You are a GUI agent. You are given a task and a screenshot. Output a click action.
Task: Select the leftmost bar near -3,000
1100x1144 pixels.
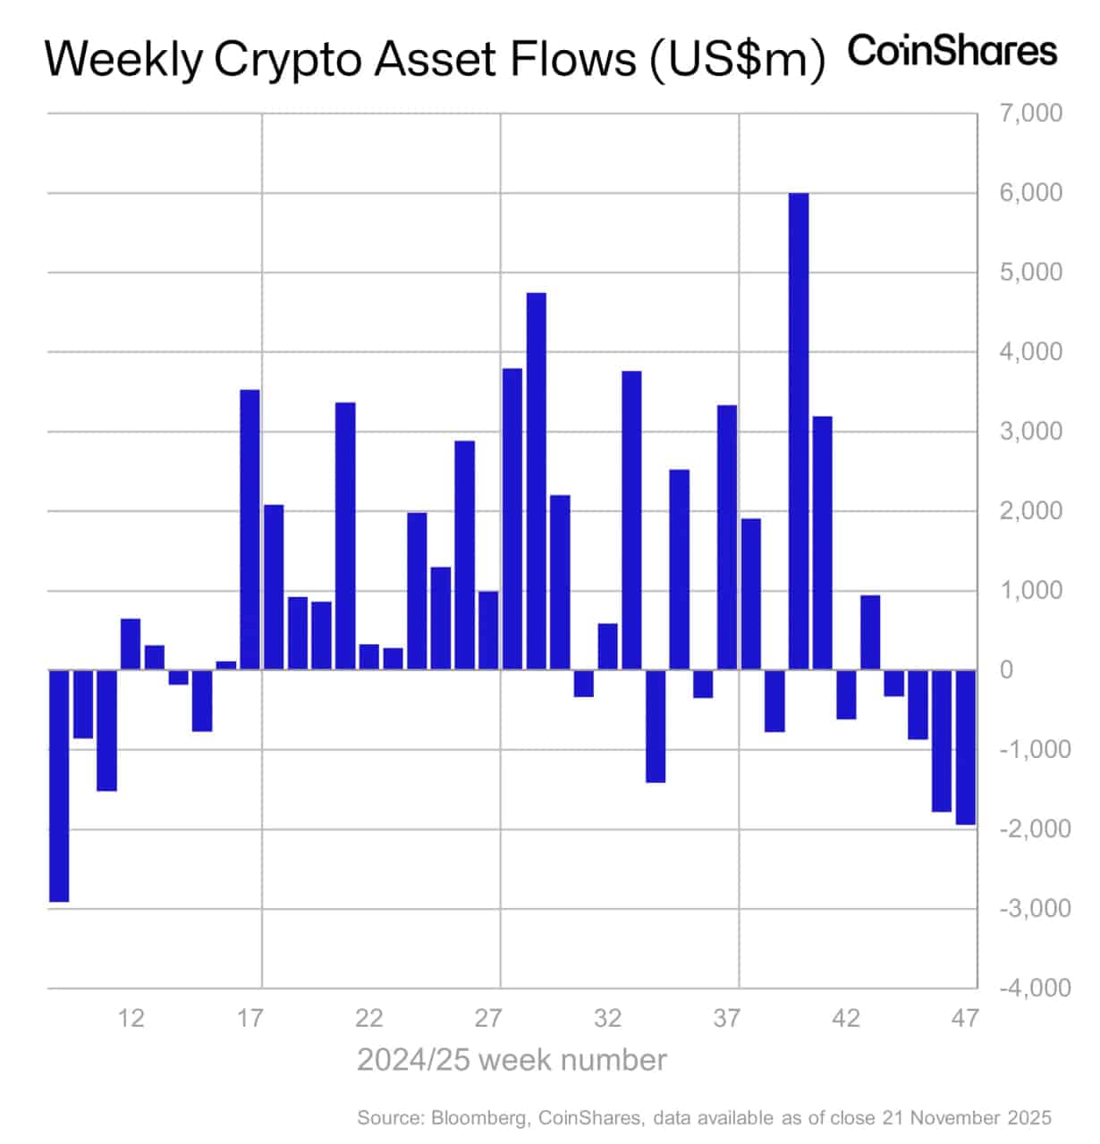tap(59, 786)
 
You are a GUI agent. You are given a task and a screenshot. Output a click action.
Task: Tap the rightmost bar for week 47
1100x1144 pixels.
tap(966, 747)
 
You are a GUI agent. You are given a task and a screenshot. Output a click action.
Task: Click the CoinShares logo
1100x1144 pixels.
tap(952, 51)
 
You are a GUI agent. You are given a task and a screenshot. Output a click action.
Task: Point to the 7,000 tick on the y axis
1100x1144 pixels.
tap(1031, 114)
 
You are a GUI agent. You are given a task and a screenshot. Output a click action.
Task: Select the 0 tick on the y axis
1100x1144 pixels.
tap(1006, 669)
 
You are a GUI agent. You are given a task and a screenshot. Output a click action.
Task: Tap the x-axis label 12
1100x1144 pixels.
tap(131, 1018)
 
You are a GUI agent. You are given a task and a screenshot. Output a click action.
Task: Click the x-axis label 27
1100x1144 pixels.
tap(488, 1018)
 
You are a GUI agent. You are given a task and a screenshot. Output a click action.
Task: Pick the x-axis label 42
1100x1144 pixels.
tap(846, 1018)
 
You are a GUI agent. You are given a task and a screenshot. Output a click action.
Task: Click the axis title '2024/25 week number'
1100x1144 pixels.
tap(512, 1060)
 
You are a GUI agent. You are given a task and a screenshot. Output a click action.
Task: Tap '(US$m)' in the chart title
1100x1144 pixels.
tap(737, 60)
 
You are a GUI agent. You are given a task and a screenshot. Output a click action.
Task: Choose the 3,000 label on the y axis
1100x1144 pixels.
tap(1031, 432)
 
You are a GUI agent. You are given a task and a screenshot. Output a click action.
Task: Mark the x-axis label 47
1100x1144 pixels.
tap(966, 1018)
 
